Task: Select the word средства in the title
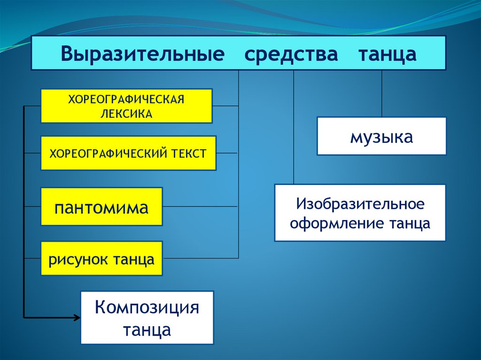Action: (x=291, y=54)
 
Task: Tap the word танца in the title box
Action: (x=388, y=54)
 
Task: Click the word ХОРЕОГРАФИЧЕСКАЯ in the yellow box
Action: (x=126, y=99)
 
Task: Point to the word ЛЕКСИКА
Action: (x=126, y=114)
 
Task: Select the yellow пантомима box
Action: (x=101, y=207)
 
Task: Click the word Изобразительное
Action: (x=360, y=204)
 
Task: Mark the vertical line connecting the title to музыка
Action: (x=381, y=94)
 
